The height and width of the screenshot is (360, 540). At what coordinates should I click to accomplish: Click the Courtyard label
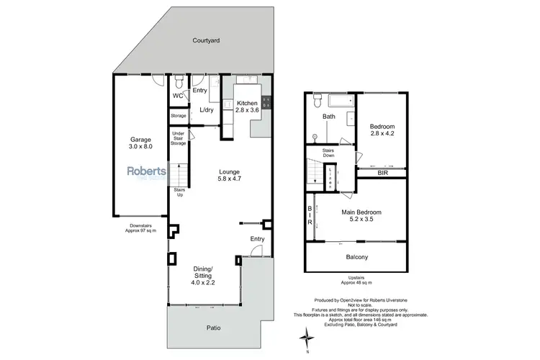pyautogui.click(x=207, y=41)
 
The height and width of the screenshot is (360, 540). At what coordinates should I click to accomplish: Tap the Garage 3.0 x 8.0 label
pyautogui.click(x=141, y=144)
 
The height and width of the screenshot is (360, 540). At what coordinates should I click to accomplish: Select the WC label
pyautogui.click(x=178, y=96)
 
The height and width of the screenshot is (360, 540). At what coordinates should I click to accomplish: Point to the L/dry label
pyautogui.click(x=206, y=109)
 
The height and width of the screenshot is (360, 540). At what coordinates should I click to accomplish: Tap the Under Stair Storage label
pyautogui.click(x=178, y=138)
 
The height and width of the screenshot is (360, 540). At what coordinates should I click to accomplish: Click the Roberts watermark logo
pyautogui.click(x=147, y=173)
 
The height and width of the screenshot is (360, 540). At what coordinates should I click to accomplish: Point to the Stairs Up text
pyautogui.click(x=178, y=192)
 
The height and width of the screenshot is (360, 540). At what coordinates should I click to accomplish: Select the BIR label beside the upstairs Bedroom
pyautogui.click(x=382, y=173)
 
